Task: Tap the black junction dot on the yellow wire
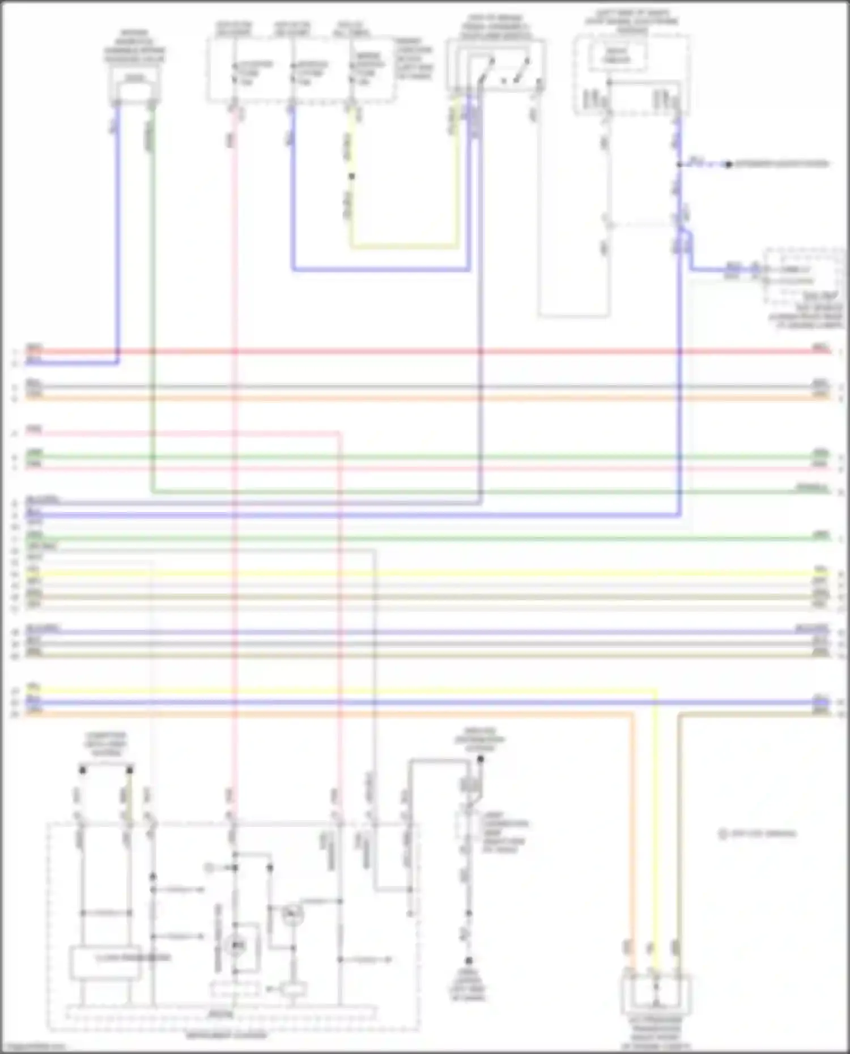pos(351,176)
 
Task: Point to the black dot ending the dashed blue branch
pos(729,165)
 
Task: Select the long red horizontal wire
pos(425,352)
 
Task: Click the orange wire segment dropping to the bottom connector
pos(633,821)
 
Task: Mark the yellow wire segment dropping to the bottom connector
pos(656,821)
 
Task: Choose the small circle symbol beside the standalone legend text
pos(722,834)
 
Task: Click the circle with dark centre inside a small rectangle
pos(235,945)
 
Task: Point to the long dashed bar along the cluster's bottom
pos(221,1013)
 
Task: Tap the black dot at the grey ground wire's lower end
pos(469,961)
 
